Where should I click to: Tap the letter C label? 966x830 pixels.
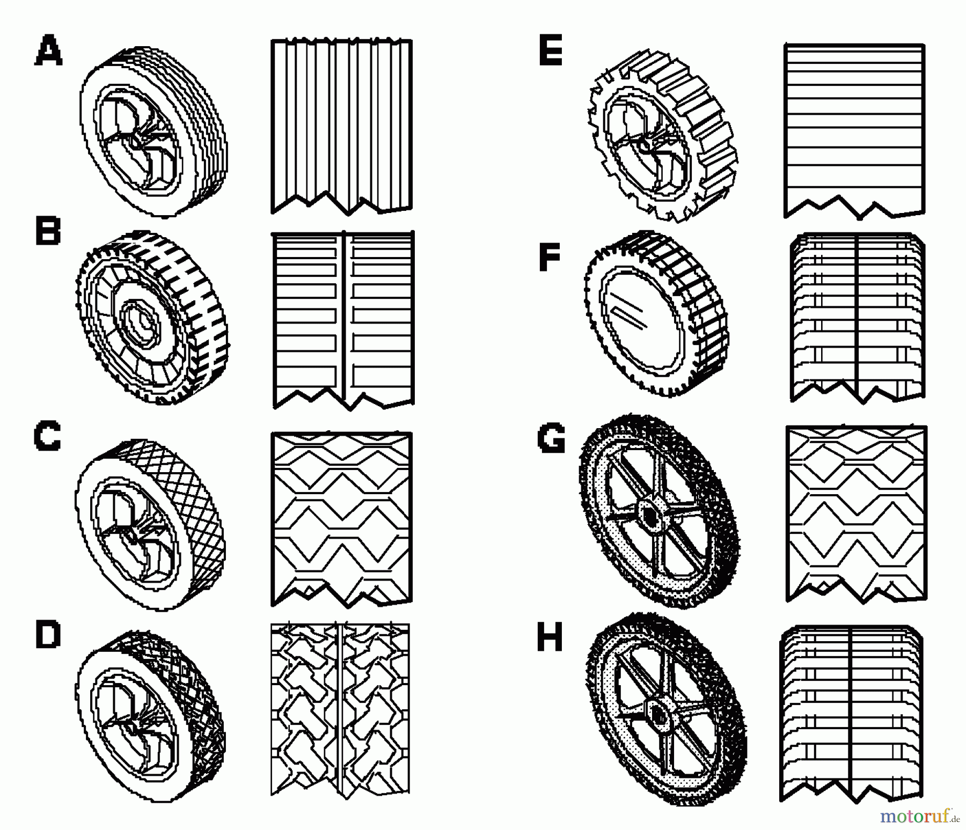click(47, 437)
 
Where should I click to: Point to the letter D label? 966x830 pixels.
click(48, 635)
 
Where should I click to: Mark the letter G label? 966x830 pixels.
click(551, 438)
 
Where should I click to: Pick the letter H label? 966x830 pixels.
click(551, 638)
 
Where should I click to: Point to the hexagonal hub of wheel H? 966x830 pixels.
click(657, 713)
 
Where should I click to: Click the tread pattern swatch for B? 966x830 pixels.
click(343, 319)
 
